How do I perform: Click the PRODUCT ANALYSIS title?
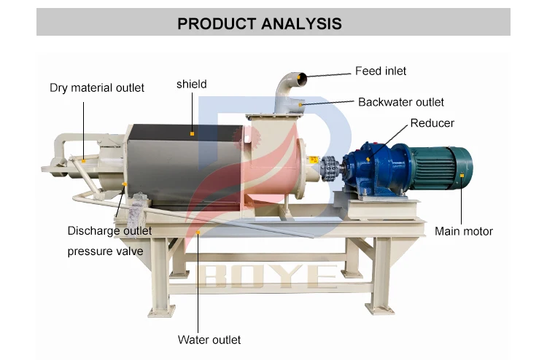tap(260, 23)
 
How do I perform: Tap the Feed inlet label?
tap(381, 71)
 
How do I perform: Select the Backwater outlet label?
tap(400, 102)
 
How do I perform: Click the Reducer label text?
tap(432, 123)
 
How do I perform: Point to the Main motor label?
tap(464, 232)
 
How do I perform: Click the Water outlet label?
tap(209, 340)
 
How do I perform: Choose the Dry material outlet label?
tap(97, 88)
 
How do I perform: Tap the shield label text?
tap(191, 85)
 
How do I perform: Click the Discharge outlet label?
tap(109, 231)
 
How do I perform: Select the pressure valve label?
tap(105, 251)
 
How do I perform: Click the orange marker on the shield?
tap(192, 133)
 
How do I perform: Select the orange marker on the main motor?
tap(462, 176)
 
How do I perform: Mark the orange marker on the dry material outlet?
tap(82, 160)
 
